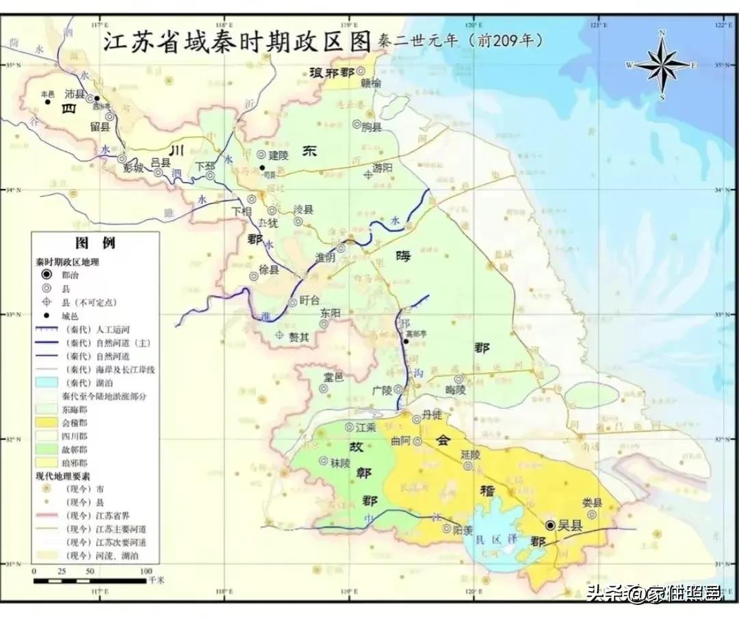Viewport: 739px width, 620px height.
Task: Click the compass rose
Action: [x=662, y=65]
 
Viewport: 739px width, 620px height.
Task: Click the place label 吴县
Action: [x=568, y=526]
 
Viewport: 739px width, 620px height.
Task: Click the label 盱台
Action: [x=309, y=301]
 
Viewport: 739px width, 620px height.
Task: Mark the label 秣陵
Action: [x=340, y=463]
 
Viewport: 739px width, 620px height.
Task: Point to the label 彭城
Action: [x=133, y=167]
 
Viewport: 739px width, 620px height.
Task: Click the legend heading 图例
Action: [x=95, y=243]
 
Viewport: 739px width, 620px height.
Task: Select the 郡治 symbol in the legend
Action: [x=47, y=274]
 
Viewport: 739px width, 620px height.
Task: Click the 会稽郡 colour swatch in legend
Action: [x=47, y=423]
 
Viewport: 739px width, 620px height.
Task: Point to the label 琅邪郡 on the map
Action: [x=335, y=73]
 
